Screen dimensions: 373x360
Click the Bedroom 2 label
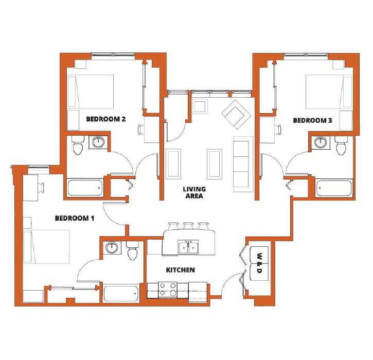105,119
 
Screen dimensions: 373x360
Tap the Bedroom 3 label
312,120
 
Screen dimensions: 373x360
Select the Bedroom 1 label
75,218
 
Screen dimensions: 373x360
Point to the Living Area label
194,192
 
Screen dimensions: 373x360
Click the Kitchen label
180,270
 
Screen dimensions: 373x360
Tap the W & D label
259,263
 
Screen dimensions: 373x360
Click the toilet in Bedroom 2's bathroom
78,145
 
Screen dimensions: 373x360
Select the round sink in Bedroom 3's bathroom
321,142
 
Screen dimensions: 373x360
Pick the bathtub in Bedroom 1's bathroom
121,294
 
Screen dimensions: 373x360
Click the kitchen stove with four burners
168,290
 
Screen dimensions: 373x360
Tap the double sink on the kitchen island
188,247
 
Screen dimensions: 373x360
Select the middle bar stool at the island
188,226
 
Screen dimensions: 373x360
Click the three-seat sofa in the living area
243,164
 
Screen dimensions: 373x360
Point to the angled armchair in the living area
236,114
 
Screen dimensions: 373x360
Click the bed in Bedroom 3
329,92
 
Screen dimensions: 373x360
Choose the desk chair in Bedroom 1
42,187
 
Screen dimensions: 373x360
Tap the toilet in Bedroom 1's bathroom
132,250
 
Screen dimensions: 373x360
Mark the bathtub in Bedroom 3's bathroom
333,188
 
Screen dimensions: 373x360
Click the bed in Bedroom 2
91,92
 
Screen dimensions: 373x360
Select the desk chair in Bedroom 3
278,130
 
